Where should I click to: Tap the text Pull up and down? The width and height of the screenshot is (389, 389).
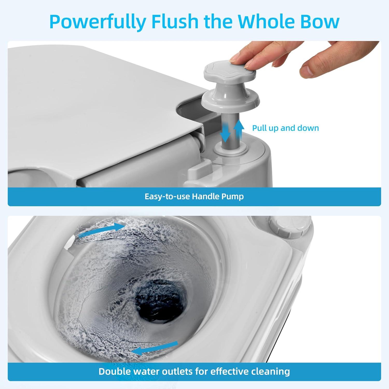[x=286, y=128]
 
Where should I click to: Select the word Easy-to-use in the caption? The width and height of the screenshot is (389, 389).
[x=167, y=196]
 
